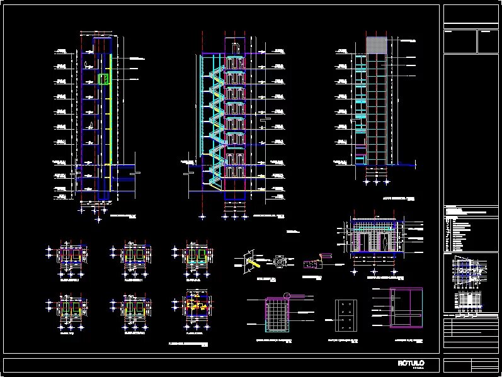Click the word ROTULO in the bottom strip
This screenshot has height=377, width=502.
click(411, 364)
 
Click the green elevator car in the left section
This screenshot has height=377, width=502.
click(103, 79)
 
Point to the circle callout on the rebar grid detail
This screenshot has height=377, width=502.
click(288, 295)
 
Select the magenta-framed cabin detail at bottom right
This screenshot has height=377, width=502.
click(406, 308)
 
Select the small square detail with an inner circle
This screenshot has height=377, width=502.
click(280, 260)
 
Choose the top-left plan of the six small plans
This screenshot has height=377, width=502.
click(69, 255)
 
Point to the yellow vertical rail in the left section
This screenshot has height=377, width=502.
click(111, 113)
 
